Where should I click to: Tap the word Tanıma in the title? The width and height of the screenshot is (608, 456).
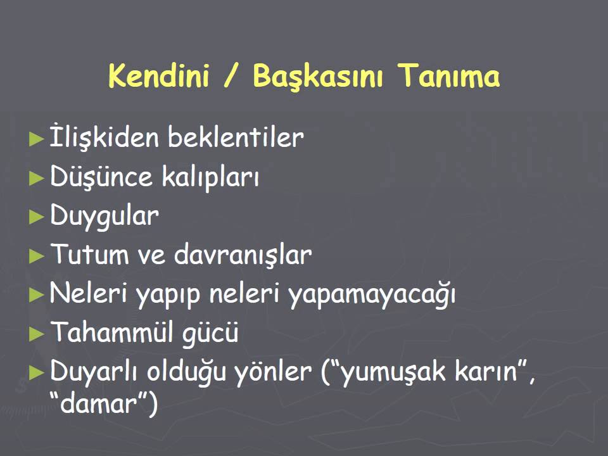tap(448, 77)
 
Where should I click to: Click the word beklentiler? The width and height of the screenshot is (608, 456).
tap(236, 137)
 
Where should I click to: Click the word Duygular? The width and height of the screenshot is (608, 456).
tap(104, 217)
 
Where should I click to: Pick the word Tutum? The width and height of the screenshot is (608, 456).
tap(87, 255)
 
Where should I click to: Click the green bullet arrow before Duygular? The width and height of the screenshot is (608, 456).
tap(37, 217)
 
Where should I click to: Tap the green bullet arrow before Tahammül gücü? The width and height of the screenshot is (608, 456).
tap(37, 334)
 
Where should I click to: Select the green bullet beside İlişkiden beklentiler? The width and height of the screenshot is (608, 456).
tap(37, 138)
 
